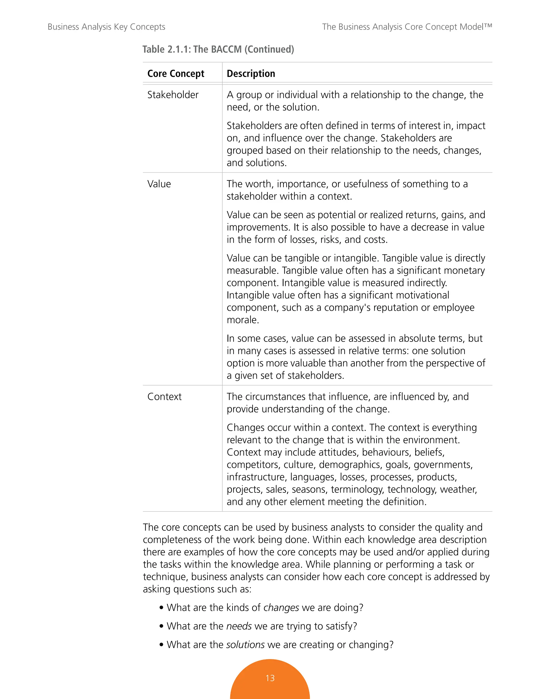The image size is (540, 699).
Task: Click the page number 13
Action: (270, 678)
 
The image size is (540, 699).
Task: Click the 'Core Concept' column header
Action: (176, 74)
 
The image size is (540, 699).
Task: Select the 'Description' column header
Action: (251, 74)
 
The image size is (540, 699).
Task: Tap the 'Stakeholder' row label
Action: (173, 95)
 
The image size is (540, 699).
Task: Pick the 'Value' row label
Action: (159, 184)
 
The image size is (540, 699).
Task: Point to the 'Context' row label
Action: (165, 396)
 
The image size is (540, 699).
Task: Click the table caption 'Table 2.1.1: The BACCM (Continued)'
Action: (218, 49)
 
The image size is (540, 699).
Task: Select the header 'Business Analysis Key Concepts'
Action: (106, 27)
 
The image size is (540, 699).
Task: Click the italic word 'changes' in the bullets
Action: (281, 607)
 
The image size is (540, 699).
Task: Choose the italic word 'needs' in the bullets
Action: (239, 626)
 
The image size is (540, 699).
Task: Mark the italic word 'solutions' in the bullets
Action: (245, 645)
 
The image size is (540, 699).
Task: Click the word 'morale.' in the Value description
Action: (243, 320)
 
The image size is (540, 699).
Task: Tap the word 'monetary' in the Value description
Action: (465, 270)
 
